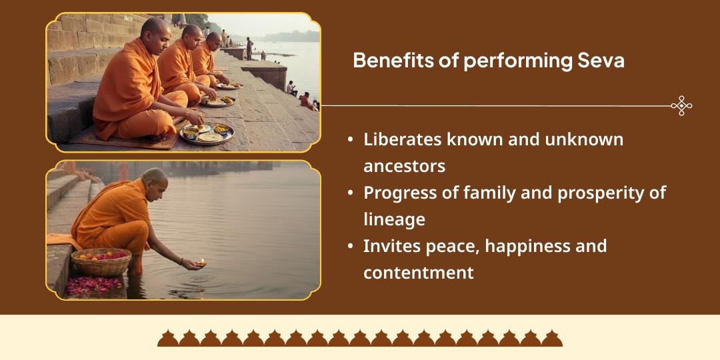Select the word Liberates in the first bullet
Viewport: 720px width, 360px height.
(x=403, y=139)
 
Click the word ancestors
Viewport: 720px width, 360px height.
(x=404, y=165)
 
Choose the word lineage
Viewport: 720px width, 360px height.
(x=394, y=219)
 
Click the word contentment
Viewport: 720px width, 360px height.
(x=418, y=273)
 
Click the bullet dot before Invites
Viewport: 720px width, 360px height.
(x=351, y=247)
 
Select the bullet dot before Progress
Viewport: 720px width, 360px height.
(x=351, y=193)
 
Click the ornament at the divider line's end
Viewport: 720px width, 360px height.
(x=681, y=105)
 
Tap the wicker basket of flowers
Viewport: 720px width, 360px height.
(x=101, y=261)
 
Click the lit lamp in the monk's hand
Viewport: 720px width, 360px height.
(x=200, y=264)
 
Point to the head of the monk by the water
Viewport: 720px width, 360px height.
(x=155, y=179)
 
